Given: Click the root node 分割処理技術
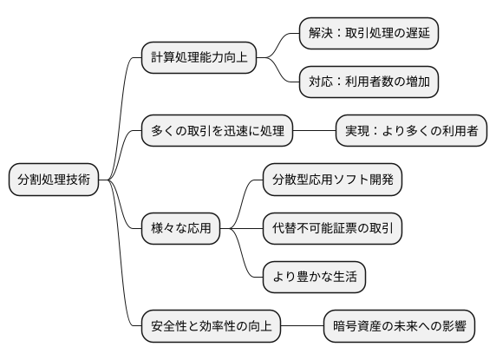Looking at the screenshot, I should pos(53,180).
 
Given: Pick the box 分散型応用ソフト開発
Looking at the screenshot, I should pos(333,180).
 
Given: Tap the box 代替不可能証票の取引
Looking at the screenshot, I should pos(333,229).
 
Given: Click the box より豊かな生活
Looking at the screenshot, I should pos(314,278).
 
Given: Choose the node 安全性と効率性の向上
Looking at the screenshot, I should pos(211,327).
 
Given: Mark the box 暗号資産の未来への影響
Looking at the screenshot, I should pos(399,327).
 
